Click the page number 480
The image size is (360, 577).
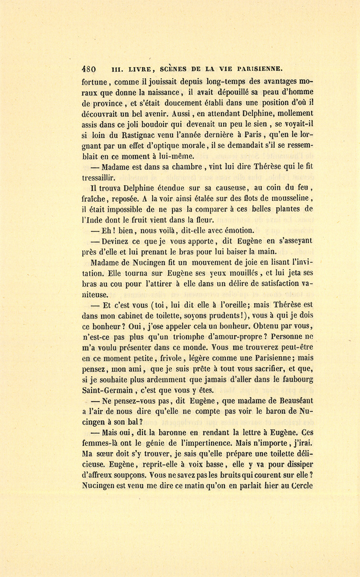[x=88, y=68]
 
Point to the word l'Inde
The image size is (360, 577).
[x=91, y=219]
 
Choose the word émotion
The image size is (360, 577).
[x=236, y=230]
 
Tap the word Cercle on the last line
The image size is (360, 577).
[x=302, y=487]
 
